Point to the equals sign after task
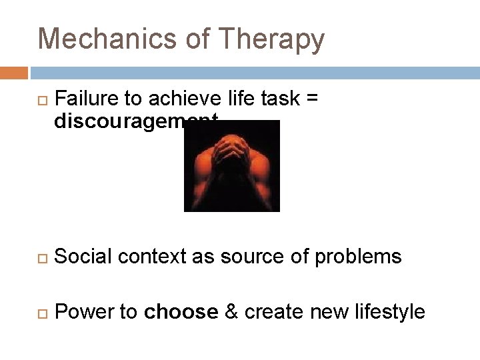[311, 99]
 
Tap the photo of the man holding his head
[231, 166]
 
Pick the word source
[242, 257]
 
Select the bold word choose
[181, 311]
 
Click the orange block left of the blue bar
[13, 72]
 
